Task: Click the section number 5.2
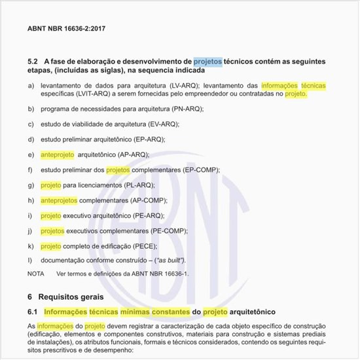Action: [x=33, y=62]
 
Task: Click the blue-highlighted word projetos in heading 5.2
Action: [x=207, y=62]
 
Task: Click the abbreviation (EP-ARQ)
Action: [x=149, y=139]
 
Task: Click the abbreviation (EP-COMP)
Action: [x=202, y=170]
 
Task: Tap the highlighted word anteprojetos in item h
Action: [x=59, y=200]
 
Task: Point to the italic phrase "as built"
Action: [x=170, y=261]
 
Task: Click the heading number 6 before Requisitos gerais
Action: [x=30, y=296]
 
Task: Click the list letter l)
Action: [x=30, y=261]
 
